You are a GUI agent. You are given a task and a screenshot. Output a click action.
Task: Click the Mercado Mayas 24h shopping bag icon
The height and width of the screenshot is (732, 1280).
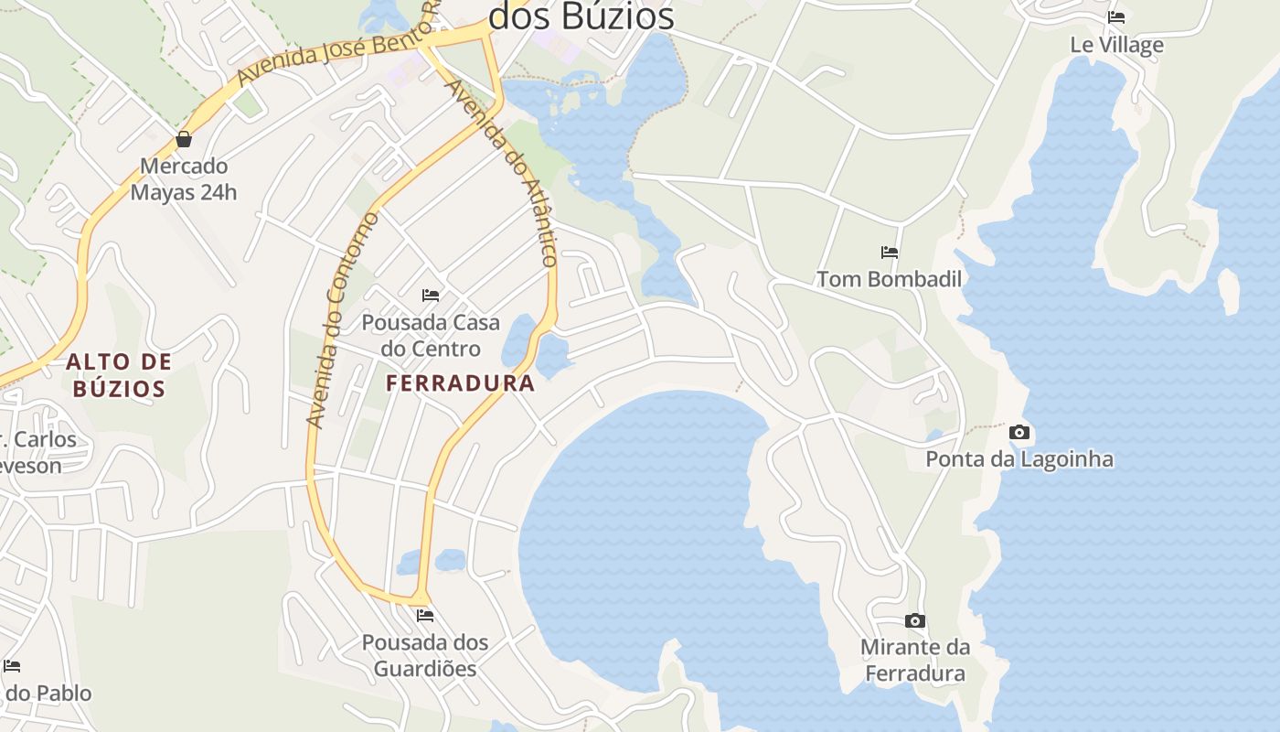[x=184, y=139]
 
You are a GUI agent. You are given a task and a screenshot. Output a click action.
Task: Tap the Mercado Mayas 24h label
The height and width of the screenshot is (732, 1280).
[x=183, y=179]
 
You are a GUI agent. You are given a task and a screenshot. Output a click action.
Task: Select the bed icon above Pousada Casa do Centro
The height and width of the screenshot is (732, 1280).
[x=431, y=296]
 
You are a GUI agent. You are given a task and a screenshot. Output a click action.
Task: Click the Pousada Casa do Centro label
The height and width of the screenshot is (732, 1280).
[x=431, y=336]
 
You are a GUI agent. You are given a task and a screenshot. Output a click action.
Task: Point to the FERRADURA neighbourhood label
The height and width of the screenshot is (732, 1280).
[x=460, y=383]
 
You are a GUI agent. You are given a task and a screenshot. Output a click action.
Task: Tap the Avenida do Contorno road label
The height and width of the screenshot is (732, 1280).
[x=343, y=320]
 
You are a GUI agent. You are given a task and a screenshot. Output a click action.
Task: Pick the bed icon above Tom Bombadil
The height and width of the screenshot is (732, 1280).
[x=890, y=253]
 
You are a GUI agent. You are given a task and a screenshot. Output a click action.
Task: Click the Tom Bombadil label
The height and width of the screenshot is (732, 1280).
[x=889, y=279]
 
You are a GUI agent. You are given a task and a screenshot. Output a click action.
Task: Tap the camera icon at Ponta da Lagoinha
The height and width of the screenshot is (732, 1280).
[x=1019, y=433]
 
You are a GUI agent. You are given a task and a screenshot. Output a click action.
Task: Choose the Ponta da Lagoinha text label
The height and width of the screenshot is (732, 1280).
[x=1019, y=458]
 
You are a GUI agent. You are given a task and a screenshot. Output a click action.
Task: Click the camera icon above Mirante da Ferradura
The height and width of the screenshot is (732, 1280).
[x=915, y=621]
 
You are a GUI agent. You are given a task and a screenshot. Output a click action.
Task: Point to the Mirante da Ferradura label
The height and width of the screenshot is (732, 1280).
[x=915, y=661]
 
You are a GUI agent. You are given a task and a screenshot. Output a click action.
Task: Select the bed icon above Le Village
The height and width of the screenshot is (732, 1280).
[x=1116, y=17]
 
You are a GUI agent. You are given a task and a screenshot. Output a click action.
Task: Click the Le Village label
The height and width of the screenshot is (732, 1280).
[x=1116, y=45]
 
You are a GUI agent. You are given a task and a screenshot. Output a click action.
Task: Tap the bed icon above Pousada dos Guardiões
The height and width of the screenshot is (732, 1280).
[x=425, y=616]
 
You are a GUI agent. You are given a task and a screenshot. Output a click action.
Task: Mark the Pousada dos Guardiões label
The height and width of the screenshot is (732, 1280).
[x=425, y=655]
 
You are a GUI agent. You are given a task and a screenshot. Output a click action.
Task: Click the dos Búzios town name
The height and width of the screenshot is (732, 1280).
[x=581, y=16]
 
